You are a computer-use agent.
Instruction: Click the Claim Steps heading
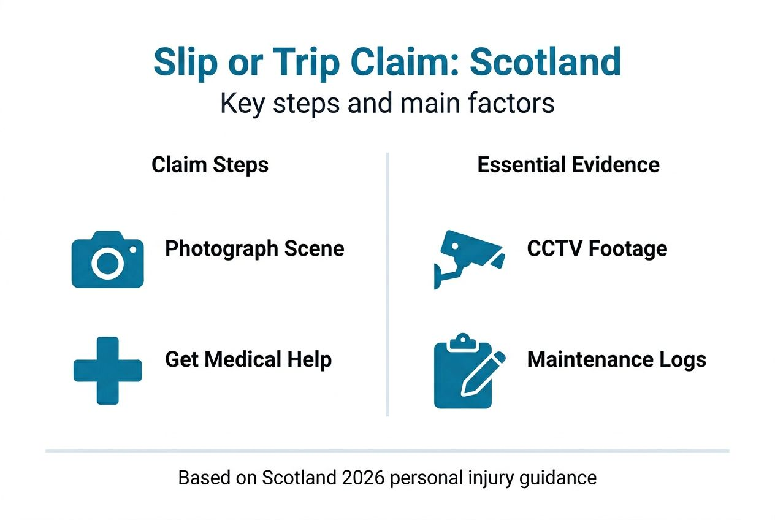click(210, 165)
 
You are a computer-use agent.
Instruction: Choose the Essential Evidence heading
click(568, 165)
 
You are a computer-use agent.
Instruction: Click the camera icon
click(108, 260)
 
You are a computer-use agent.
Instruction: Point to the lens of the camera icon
click(107, 264)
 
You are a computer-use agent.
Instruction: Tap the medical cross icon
click(108, 370)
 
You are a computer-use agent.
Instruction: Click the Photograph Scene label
click(254, 249)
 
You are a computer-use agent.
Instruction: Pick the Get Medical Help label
click(248, 359)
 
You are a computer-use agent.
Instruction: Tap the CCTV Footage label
click(597, 249)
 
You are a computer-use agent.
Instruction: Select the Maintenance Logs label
click(616, 359)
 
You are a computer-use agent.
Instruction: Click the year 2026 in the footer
click(366, 478)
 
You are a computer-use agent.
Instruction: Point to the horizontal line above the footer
click(388, 451)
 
